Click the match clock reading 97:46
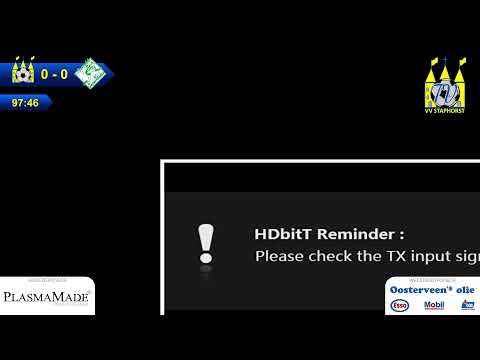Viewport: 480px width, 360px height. [x=25, y=102]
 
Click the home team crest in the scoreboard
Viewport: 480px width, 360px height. [x=22, y=73]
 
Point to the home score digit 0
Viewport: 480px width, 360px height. [x=45, y=74]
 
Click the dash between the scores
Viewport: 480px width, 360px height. [x=54, y=74]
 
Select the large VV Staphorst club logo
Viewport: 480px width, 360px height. [x=444, y=82]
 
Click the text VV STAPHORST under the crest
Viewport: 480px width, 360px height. [x=444, y=111]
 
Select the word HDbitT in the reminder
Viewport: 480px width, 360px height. [x=283, y=234]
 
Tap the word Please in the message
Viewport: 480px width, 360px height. [x=279, y=256]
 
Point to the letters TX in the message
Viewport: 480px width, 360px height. [x=397, y=256]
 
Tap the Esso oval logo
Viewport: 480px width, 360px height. [x=399, y=305]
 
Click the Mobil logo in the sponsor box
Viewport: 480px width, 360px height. [x=433, y=305]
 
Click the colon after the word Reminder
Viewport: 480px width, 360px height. [x=401, y=235]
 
